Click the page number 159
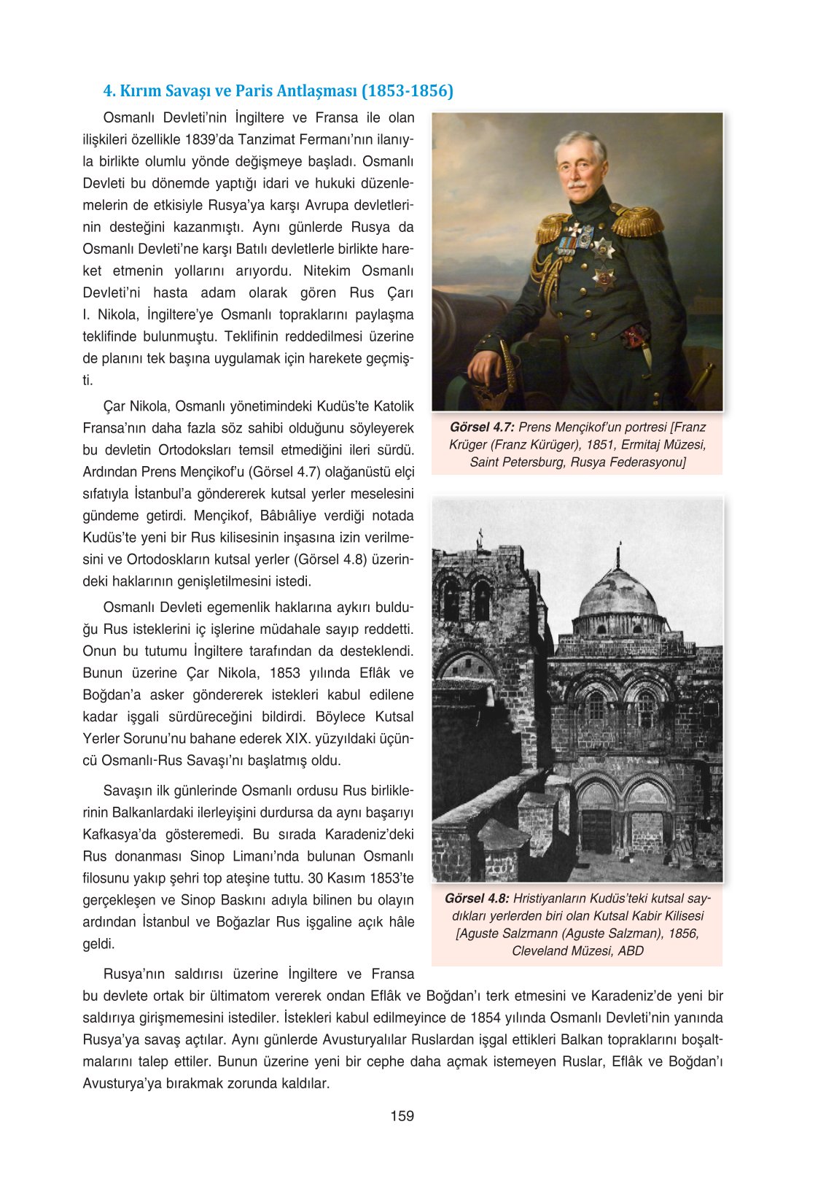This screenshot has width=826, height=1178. (x=402, y=1115)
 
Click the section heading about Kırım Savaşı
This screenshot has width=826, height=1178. (x=278, y=91)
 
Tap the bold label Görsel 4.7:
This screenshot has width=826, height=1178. (x=482, y=427)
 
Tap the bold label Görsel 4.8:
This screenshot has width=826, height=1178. (x=477, y=899)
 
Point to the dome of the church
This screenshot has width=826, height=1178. (x=618, y=593)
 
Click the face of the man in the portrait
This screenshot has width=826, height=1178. (x=579, y=168)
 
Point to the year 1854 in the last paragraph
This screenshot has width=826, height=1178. (x=486, y=1018)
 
